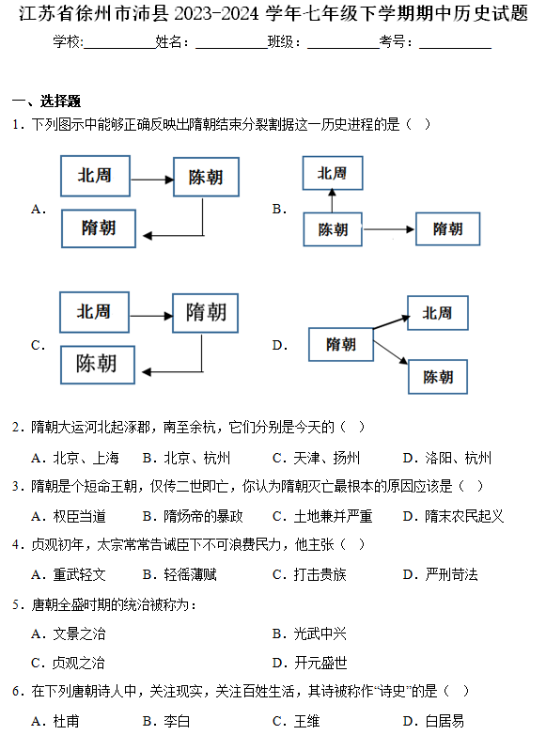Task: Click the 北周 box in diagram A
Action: click(95, 176)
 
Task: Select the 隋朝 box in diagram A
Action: click(99, 228)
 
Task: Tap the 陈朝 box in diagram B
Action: click(333, 229)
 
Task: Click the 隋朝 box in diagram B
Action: click(447, 228)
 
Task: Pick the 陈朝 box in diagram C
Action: click(98, 365)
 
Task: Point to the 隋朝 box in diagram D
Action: click(341, 345)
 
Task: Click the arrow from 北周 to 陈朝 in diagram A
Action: click(152, 180)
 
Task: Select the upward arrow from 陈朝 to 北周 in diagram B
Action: click(333, 201)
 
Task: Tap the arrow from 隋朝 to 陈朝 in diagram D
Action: click(390, 352)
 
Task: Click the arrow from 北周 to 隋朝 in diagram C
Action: click(151, 316)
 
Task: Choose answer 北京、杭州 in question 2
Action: click(186, 458)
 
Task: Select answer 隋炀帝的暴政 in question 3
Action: click(193, 516)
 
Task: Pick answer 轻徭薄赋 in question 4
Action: click(179, 574)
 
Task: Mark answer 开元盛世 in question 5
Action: click(310, 663)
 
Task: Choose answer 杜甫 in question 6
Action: click(55, 721)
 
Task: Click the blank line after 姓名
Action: click(231, 48)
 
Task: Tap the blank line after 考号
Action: click(456, 48)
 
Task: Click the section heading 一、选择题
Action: click(46, 101)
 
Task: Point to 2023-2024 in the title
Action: click(216, 13)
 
